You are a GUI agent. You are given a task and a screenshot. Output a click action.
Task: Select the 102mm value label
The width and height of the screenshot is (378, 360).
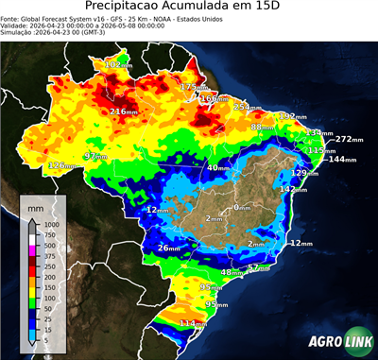(118, 64)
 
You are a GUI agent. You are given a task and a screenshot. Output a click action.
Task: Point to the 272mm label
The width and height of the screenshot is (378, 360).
(350, 139)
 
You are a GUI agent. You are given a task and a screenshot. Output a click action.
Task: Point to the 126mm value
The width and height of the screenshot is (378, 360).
(61, 165)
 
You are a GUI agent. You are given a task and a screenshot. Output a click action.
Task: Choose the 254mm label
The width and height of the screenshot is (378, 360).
(247, 107)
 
